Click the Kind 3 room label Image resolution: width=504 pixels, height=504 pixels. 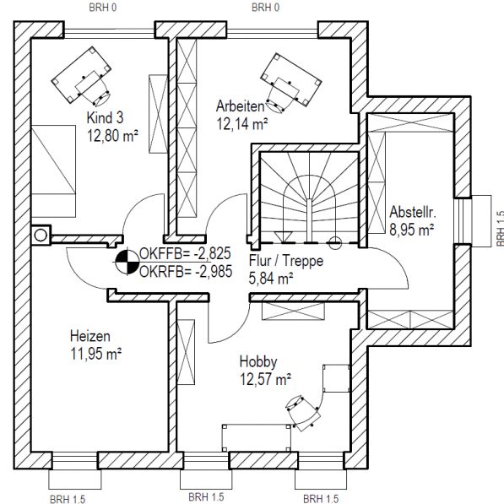coord(106,117)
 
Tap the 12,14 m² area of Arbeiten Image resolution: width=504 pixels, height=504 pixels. coord(242,124)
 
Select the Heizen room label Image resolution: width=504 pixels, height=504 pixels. coord(90,336)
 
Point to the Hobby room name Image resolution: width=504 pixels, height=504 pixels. coord(258,362)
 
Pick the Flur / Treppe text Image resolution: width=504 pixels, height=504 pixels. coord(286,261)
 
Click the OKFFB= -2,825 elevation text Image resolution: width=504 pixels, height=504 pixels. coord(185,253)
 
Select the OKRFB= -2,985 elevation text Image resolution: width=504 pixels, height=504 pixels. coord(186,272)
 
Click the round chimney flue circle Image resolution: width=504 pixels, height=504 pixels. coord(41,236)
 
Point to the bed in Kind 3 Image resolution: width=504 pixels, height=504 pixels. coord(53,171)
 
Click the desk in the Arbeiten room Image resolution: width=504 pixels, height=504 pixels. coord(291,79)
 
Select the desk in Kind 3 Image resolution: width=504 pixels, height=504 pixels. coord(81,75)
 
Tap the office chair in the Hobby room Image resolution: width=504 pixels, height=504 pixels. coord(303,413)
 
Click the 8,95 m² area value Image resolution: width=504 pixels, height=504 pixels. coord(412,230)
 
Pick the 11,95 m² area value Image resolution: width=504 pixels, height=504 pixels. coord(95,354)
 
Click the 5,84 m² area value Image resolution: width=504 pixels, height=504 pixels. coord(271,279)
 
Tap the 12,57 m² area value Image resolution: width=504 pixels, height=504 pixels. coord(265,380)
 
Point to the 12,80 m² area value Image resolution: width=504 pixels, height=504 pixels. coord(112,136)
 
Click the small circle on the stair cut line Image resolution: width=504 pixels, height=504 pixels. coord(335,243)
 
